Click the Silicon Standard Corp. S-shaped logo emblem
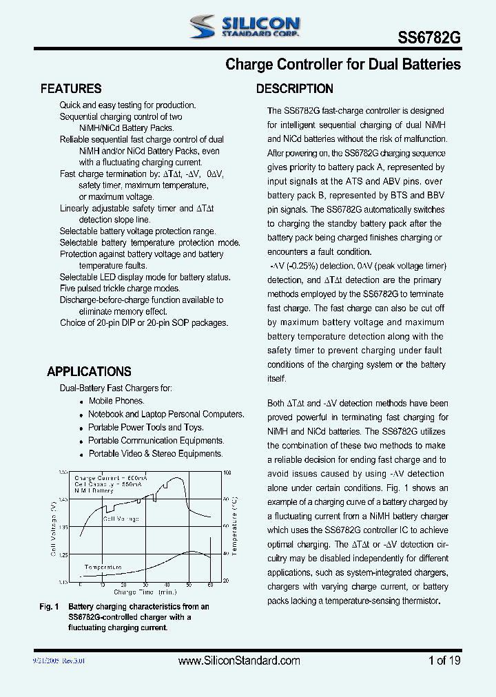click(x=203, y=27)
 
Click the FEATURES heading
click(x=71, y=89)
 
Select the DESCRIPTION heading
click(x=294, y=89)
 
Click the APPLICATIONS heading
click(x=89, y=371)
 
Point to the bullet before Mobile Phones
click(x=82, y=402)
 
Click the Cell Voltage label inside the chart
click(x=121, y=519)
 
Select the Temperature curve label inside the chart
click(x=103, y=568)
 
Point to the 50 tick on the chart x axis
click(x=188, y=585)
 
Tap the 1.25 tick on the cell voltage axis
click(x=64, y=554)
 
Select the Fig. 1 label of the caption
click(x=49, y=607)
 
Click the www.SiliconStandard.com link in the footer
click(x=239, y=660)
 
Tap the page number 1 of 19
click(x=444, y=660)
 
